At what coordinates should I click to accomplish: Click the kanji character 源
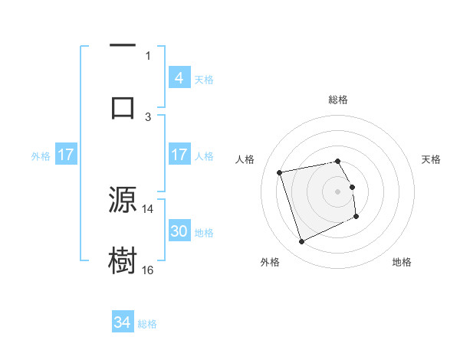pyautogui.click(x=123, y=201)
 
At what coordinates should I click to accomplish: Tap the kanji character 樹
pyautogui.click(x=123, y=260)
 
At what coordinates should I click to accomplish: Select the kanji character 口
pyautogui.click(x=123, y=106)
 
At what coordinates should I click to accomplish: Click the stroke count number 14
pyautogui.click(x=148, y=208)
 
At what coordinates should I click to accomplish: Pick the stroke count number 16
pyautogui.click(x=148, y=270)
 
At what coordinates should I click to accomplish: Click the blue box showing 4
pyautogui.click(x=179, y=77)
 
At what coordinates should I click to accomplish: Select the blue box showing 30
pyautogui.click(x=179, y=231)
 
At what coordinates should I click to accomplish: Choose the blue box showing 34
pyautogui.click(x=123, y=322)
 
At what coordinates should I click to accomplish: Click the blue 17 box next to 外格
pyautogui.click(x=66, y=155)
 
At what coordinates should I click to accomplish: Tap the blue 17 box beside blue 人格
pyautogui.click(x=179, y=155)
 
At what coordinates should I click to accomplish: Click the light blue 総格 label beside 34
pyautogui.click(x=147, y=324)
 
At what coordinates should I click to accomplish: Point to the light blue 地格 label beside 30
pyautogui.click(x=204, y=233)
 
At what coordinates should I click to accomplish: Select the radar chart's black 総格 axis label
pyautogui.click(x=338, y=100)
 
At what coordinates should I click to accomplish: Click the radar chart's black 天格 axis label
pyautogui.click(x=432, y=159)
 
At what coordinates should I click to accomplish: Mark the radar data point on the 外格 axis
pyautogui.click(x=301, y=242)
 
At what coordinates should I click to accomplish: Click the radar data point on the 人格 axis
pyautogui.click(x=280, y=172)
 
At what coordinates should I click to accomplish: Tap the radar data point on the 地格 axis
pyautogui.click(x=356, y=216)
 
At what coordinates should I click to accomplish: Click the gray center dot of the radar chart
pyautogui.click(x=338, y=191)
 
